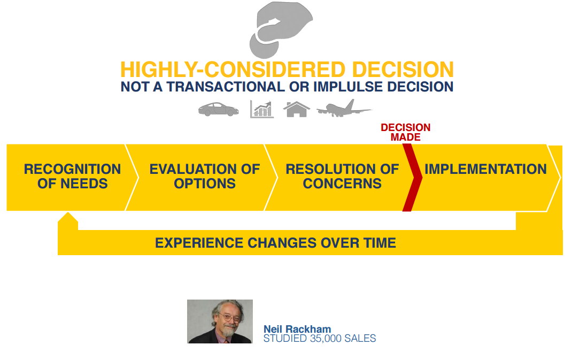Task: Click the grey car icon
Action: click(219, 109)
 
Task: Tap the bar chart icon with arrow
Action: click(262, 109)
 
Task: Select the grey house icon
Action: click(297, 109)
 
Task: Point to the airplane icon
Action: click(344, 109)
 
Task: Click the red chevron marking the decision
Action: click(412, 178)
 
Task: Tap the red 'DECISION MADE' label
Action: click(406, 132)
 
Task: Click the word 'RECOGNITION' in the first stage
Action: click(72, 169)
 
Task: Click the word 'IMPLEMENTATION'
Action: click(485, 169)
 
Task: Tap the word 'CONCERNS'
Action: click(342, 183)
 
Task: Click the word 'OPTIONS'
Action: click(205, 183)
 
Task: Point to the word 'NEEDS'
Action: click(84, 183)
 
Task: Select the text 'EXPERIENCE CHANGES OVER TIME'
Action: click(275, 243)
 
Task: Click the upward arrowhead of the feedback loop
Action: click(68, 218)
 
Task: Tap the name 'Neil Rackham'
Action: click(297, 329)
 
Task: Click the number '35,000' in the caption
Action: click(326, 339)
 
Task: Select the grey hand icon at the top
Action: click(280, 29)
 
